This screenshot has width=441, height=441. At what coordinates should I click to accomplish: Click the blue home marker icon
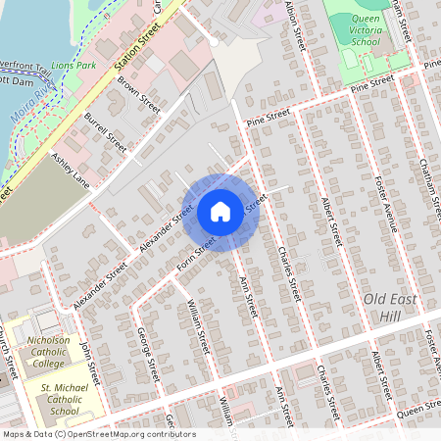pos(220,212)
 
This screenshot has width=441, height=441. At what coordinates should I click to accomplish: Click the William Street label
pos(199,327)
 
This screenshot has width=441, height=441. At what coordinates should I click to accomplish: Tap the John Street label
pos(90,361)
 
